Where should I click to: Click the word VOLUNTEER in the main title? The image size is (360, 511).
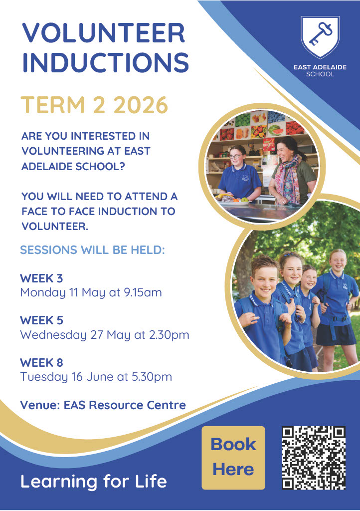tap(104, 33)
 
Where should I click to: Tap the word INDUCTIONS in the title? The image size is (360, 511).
tap(106, 62)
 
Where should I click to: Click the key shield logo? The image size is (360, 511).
tap(320, 37)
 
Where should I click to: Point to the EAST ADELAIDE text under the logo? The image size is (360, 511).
tap(320, 67)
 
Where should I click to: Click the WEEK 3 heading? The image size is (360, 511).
tap(41, 278)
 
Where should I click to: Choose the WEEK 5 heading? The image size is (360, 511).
tap(41, 320)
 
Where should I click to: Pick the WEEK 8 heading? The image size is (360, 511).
tap(41, 362)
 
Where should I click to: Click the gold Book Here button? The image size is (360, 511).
tap(233, 458)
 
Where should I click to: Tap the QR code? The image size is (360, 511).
tap(314, 458)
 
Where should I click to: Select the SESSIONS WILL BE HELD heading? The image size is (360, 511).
tap(92, 250)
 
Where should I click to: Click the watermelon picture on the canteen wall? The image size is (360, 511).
tap(276, 130)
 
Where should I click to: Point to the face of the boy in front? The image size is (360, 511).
tap(264, 279)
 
